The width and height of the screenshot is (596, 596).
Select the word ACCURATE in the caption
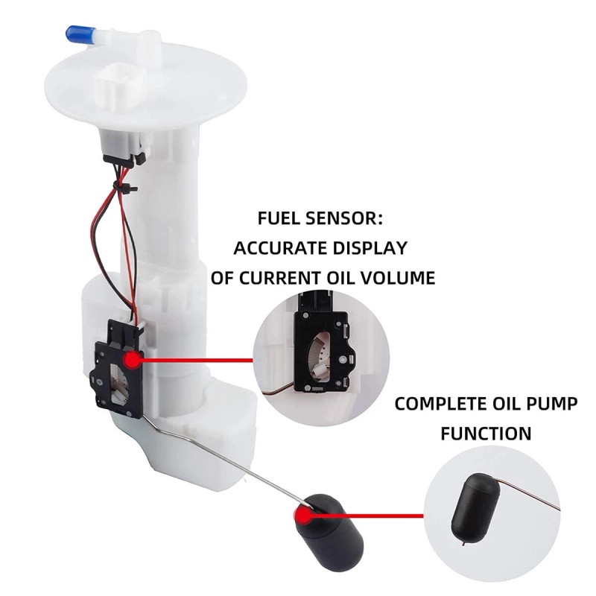click(281, 248)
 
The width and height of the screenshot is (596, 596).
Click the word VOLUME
click(396, 279)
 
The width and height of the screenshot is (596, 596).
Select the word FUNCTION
click(486, 433)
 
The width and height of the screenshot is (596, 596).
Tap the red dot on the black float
click(303, 515)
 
